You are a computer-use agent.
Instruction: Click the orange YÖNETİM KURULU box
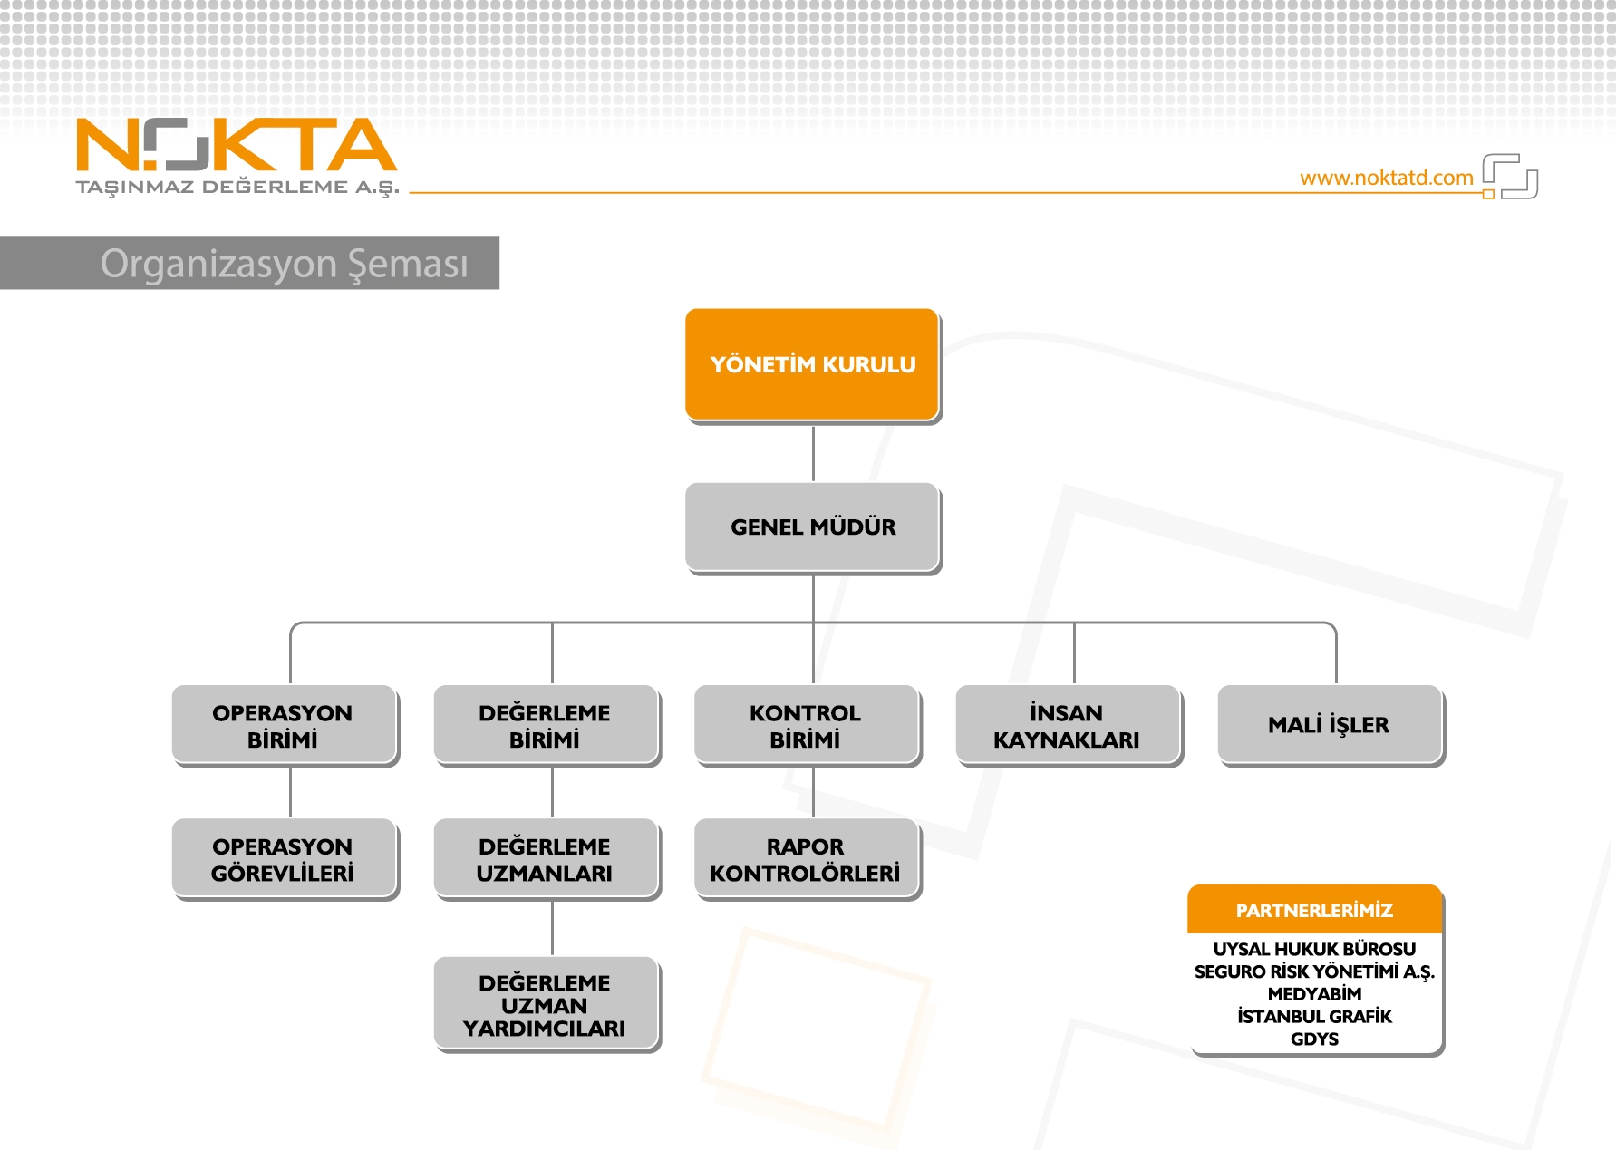click(813, 365)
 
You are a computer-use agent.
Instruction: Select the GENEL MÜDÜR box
click(813, 527)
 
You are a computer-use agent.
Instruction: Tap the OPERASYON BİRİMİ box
click(285, 726)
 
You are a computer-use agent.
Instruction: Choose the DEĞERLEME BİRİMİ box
click(547, 726)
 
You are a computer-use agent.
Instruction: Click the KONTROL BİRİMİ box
click(808, 726)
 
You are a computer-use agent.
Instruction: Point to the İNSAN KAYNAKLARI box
click(1069, 726)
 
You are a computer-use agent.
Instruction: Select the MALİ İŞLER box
click(1331, 726)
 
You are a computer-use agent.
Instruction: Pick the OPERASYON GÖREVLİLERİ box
click(285, 859)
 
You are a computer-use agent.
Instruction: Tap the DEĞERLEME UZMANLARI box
click(547, 859)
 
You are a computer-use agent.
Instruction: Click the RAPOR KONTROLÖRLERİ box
click(808, 859)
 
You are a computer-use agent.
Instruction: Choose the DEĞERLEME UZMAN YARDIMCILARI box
click(547, 1004)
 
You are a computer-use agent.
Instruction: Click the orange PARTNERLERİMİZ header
click(1315, 910)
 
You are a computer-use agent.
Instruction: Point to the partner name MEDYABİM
click(1314, 994)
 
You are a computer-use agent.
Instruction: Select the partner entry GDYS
click(1314, 1039)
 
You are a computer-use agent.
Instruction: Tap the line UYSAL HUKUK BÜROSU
click(1314, 949)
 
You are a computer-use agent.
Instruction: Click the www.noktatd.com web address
click(1387, 178)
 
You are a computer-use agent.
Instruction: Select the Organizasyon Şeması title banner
click(249, 263)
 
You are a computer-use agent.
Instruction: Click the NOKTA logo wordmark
click(237, 145)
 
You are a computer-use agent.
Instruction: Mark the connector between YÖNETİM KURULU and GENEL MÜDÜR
click(813, 453)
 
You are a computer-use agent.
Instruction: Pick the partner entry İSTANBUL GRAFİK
click(1314, 1017)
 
